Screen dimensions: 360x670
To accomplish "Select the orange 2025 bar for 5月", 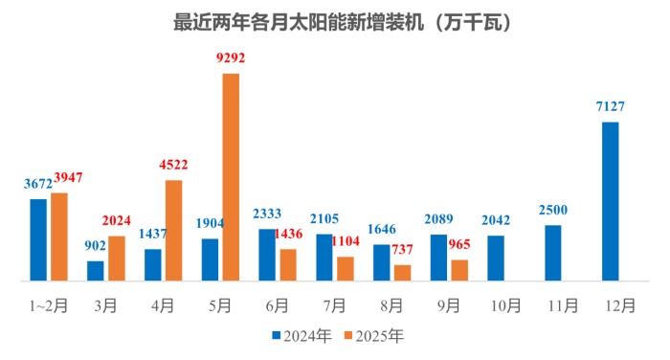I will click(231, 177).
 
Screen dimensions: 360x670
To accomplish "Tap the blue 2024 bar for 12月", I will click(610, 201).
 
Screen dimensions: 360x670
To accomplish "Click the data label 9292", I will click(231, 58).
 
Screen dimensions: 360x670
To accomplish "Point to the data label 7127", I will click(610, 107).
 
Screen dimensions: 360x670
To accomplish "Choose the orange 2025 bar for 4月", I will click(173, 231).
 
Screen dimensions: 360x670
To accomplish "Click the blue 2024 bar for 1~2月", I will click(38, 239).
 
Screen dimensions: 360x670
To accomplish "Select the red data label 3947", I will click(68, 178).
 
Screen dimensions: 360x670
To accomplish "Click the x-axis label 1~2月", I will click(48, 306).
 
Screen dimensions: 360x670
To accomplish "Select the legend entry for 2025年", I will click(374, 336).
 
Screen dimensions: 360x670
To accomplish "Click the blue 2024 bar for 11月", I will click(553, 253).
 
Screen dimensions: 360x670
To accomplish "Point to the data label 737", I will click(402, 251).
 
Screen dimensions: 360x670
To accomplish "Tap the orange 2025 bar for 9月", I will click(459, 270).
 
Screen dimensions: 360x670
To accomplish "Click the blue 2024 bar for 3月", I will click(96, 271).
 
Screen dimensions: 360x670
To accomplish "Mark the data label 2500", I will click(553, 211).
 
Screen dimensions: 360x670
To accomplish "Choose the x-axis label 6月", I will click(277, 306).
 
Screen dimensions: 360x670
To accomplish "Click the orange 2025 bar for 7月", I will click(346, 269).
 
